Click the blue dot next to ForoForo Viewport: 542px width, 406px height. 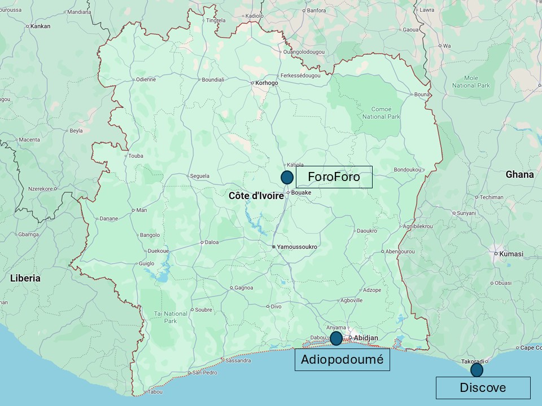pos(287,177)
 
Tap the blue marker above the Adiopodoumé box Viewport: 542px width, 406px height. pos(336,338)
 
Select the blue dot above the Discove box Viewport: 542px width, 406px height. pos(477,370)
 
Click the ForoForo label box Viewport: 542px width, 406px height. pos(334,177)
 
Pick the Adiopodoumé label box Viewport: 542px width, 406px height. pos(342,360)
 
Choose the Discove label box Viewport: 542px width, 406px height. pos(483,387)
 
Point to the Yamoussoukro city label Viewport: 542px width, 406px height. pos(296,247)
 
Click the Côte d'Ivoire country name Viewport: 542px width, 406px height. pos(256,196)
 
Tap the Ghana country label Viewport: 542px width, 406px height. pos(519,175)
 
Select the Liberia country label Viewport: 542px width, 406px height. pos(25,278)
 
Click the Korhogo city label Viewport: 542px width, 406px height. pos(266,83)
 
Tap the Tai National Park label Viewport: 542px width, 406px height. pos(171,317)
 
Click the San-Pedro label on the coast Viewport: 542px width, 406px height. pos(205,373)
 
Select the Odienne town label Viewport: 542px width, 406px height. pos(146,80)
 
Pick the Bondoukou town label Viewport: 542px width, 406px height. pos(408,169)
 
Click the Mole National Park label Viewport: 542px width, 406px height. pos(471,82)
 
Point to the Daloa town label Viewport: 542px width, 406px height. pos(212,242)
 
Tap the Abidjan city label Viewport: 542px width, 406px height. pos(365,338)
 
